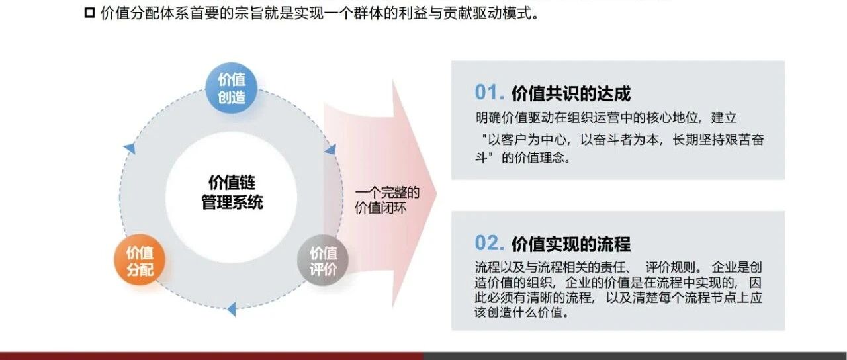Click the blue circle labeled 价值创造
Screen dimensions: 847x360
(232, 88)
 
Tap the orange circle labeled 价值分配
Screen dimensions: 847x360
(140, 260)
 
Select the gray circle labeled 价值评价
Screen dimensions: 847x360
(323, 260)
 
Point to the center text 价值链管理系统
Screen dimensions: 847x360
(232, 193)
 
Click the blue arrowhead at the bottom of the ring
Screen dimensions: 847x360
(232, 309)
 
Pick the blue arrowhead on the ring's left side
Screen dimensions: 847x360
(130, 148)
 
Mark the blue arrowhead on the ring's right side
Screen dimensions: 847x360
(330, 150)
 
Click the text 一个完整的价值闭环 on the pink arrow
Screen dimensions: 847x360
(387, 200)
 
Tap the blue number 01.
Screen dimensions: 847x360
(489, 92)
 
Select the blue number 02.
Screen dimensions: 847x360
(489, 243)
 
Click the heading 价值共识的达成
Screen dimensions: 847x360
(571, 93)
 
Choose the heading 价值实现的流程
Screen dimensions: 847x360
(571, 244)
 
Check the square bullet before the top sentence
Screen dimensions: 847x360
(89, 13)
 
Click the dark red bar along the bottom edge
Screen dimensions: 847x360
(212, 356)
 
